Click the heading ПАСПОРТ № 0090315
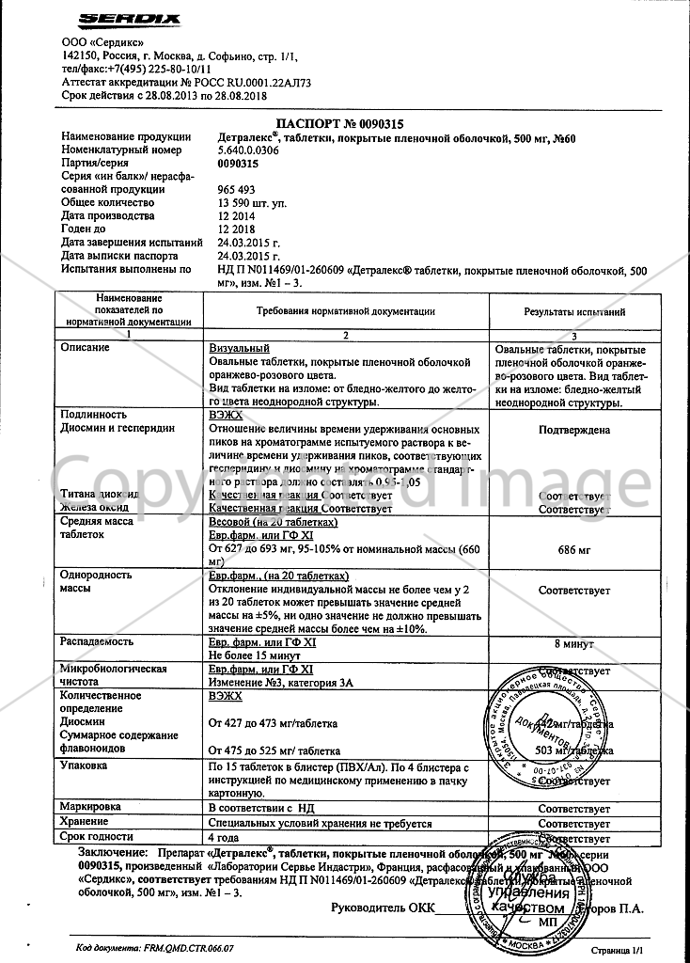point(345,123)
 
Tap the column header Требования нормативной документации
point(345,310)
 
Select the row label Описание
point(85,348)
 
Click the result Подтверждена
point(574,430)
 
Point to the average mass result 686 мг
point(574,547)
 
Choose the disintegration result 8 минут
point(574,646)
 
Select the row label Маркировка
point(91,807)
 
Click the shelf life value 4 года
point(223,836)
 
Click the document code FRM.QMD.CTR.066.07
point(155,950)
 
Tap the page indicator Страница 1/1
point(616,951)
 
